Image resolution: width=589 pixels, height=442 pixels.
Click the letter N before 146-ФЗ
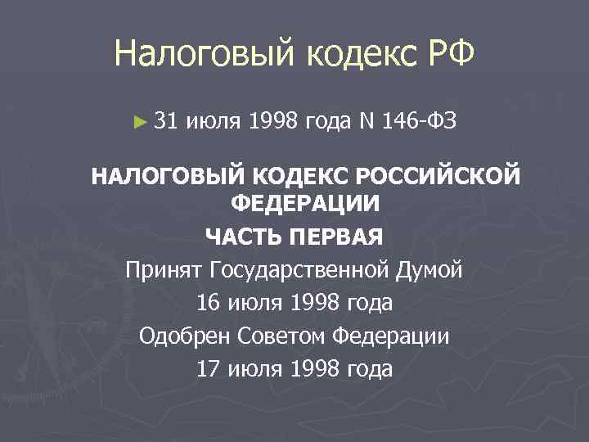coord(366,122)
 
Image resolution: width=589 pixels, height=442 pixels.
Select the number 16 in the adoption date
coord(208,303)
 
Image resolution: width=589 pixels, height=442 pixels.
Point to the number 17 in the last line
coord(208,368)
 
